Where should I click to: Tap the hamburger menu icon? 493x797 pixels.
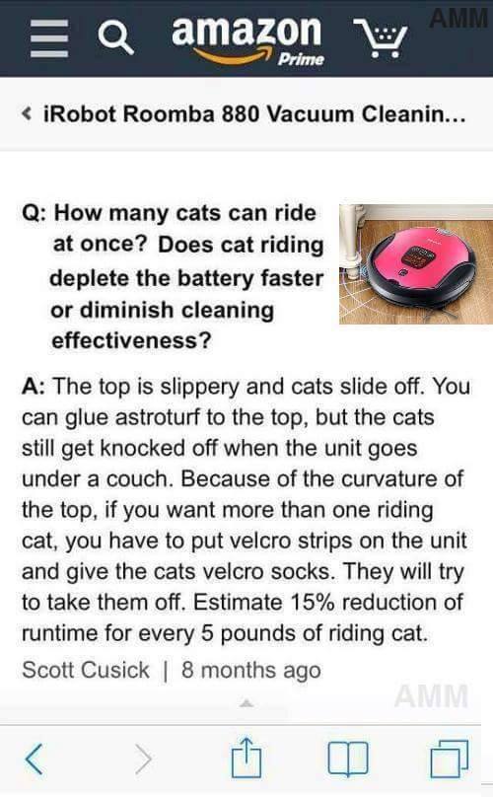click(49, 38)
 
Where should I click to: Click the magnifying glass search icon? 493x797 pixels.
click(116, 38)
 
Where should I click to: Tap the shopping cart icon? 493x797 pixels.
click(381, 38)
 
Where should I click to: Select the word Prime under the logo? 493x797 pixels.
click(301, 59)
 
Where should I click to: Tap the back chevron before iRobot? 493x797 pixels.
click(27, 113)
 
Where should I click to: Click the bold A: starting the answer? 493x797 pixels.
click(34, 387)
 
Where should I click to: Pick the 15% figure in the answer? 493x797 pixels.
click(312, 603)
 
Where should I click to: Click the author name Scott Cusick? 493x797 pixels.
click(86, 670)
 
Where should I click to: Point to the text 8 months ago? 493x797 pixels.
click(251, 670)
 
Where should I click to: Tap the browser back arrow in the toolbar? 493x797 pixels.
click(35, 759)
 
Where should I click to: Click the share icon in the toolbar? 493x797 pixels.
click(246, 758)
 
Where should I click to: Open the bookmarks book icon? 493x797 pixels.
click(348, 759)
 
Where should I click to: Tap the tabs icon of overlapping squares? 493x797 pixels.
click(450, 759)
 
